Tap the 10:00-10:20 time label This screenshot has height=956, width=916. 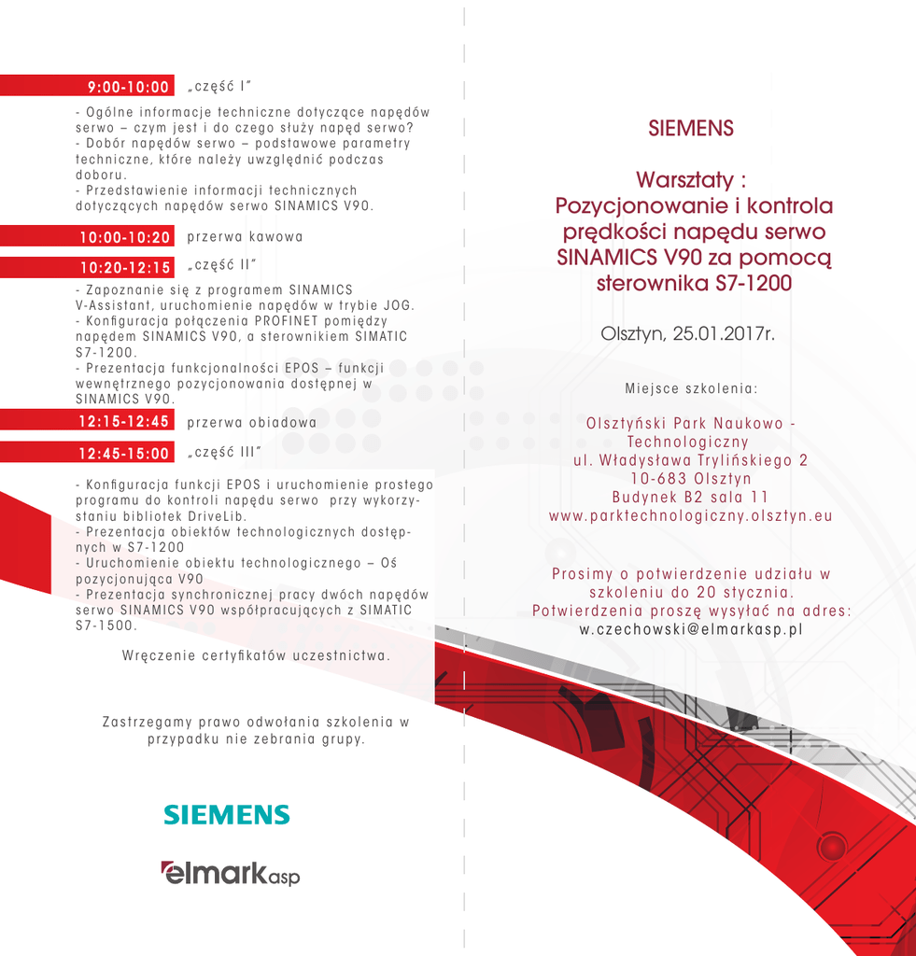click(125, 237)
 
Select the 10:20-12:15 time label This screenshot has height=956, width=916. click(125, 268)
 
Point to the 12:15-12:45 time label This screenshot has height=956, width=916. click(125, 422)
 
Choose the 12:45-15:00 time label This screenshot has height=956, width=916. click(125, 454)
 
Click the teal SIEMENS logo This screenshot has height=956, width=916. click(227, 815)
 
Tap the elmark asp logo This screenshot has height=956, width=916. click(230, 873)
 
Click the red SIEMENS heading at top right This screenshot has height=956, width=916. click(691, 129)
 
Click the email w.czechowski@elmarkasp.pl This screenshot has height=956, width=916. click(691, 629)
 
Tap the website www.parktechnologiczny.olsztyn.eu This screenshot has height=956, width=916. click(690, 515)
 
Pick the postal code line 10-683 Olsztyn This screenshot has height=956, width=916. click(690, 478)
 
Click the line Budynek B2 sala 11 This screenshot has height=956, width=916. click(690, 497)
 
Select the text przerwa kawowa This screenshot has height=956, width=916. click(245, 237)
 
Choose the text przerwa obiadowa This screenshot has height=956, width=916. click(251, 422)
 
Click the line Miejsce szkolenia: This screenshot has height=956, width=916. click(690, 387)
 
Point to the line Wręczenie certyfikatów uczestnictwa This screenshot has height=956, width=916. click(256, 655)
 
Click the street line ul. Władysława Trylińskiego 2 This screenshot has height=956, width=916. click(690, 460)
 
